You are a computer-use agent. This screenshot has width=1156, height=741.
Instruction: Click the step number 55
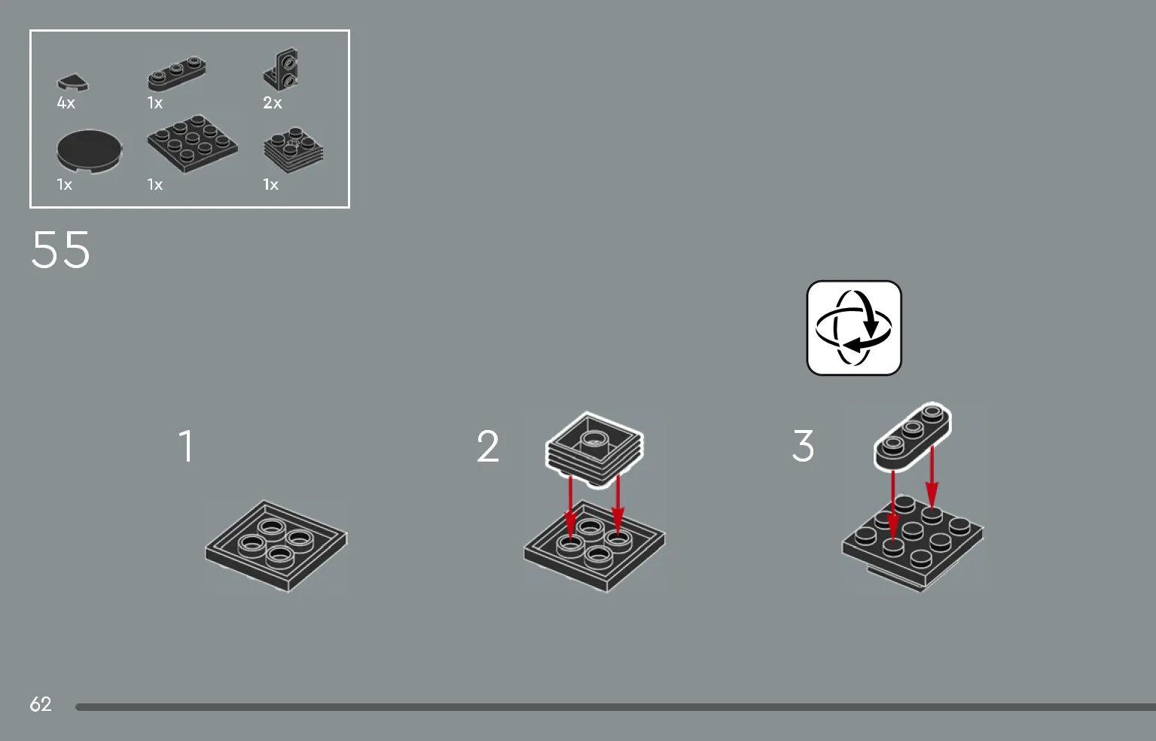click(x=60, y=250)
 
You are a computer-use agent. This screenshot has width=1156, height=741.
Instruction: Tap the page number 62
click(x=41, y=704)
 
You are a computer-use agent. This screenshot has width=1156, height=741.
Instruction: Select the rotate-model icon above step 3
click(x=854, y=328)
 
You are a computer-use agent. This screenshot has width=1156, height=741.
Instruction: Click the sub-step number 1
click(x=186, y=446)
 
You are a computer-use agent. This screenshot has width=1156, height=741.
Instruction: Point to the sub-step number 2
click(x=488, y=446)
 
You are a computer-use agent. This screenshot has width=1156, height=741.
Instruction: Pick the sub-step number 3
click(x=803, y=446)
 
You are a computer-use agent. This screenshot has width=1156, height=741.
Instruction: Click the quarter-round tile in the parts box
click(x=72, y=83)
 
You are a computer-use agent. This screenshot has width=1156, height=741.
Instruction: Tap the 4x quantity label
click(x=66, y=103)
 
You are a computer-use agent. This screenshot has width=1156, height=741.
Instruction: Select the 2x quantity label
click(x=273, y=103)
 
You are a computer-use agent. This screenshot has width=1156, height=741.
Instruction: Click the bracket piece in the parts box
click(x=280, y=70)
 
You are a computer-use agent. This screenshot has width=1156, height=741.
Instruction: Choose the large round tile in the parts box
click(x=90, y=151)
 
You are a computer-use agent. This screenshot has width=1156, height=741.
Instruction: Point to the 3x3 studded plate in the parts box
click(x=193, y=144)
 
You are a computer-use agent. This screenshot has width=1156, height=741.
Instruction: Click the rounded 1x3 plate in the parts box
click(x=176, y=73)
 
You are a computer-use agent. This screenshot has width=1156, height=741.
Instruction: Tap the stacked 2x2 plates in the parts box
click(x=293, y=150)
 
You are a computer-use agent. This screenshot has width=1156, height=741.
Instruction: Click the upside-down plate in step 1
click(x=276, y=546)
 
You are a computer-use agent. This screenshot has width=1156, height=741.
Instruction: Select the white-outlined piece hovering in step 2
click(x=594, y=449)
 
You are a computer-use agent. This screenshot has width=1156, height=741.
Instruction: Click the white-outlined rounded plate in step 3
click(x=913, y=437)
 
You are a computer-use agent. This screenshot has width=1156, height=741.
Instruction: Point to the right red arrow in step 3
click(x=932, y=478)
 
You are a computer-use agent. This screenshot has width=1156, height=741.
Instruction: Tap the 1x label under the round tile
click(x=65, y=184)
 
